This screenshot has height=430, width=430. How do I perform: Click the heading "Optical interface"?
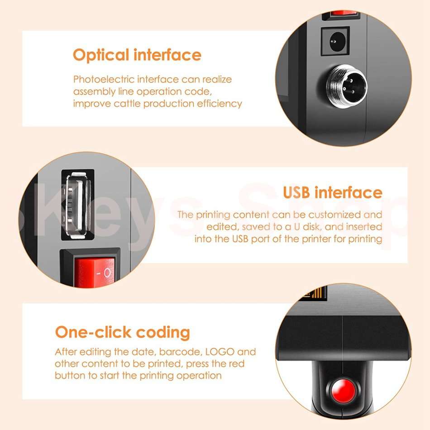(x=137, y=55)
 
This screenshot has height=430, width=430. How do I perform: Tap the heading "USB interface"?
(x=332, y=192)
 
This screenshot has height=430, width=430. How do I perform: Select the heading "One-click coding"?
(x=122, y=332)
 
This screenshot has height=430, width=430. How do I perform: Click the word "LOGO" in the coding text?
(x=220, y=352)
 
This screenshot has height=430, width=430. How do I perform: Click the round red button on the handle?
(x=343, y=390)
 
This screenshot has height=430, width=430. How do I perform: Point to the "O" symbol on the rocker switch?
(x=107, y=273)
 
